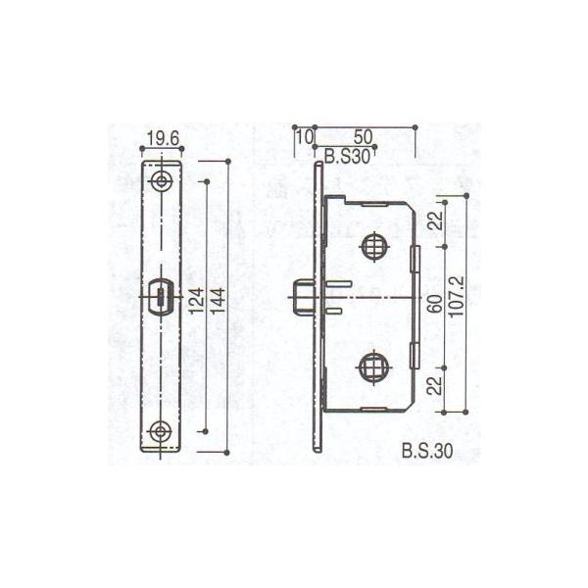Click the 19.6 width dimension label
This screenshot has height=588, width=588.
[164, 139]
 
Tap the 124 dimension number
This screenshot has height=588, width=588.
[195, 305]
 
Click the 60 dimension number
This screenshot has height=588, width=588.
[434, 305]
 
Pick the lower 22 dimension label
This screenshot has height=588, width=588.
[434, 388]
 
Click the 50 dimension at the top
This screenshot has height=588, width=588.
[361, 137]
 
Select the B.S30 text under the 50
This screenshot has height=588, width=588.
[347, 154]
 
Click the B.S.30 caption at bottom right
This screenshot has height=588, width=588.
[427, 452]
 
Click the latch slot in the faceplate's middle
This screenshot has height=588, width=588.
[163, 296]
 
